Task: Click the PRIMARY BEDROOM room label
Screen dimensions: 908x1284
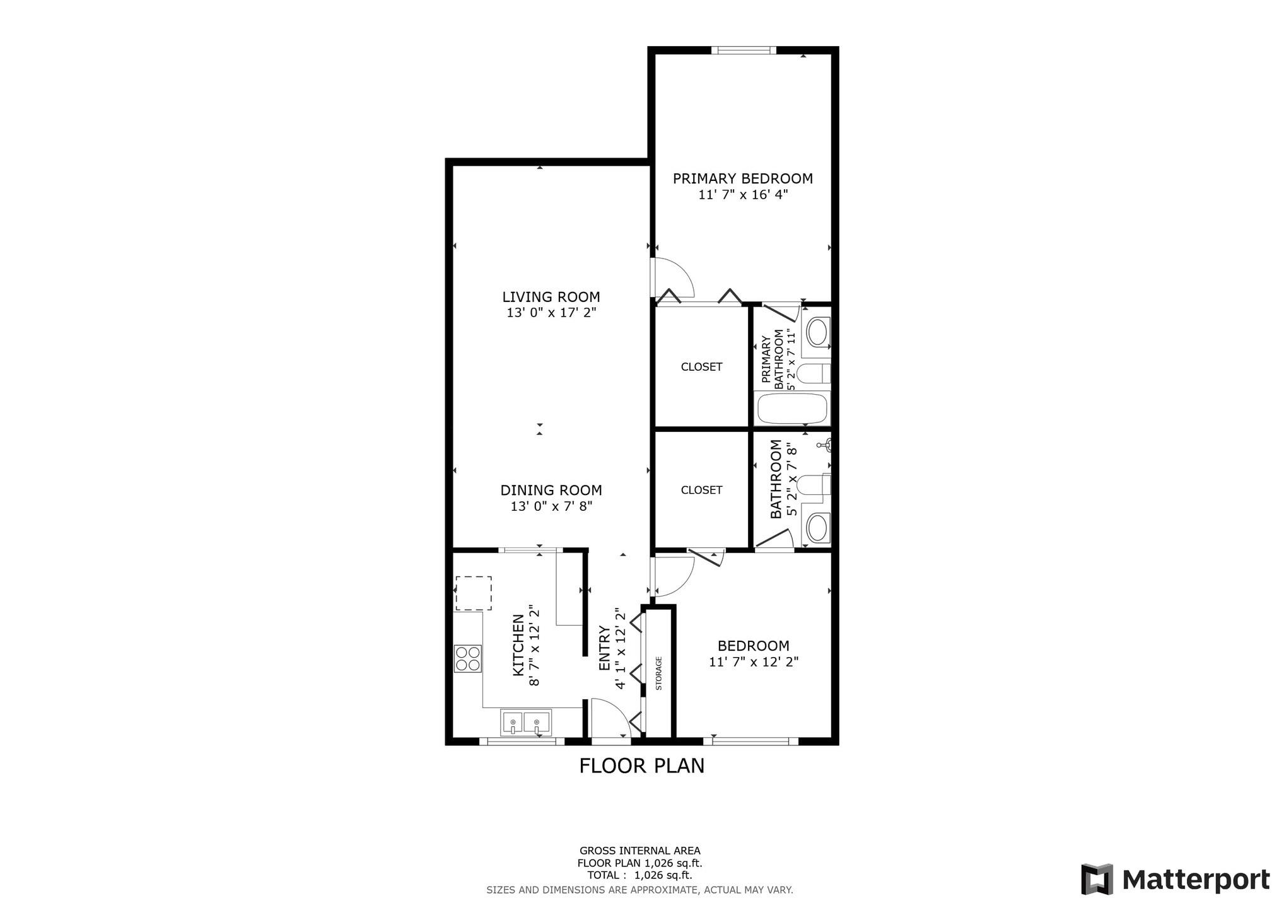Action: (742, 179)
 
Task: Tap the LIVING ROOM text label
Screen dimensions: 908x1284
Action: (551, 297)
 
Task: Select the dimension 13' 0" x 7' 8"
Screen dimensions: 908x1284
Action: (551, 506)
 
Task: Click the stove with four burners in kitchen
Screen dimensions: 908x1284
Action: (468, 658)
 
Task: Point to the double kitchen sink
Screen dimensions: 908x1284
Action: (525, 723)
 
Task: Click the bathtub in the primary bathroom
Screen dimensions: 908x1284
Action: (791, 409)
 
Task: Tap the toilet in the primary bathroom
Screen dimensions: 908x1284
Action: (813, 374)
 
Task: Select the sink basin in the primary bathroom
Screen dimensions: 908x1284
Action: (818, 332)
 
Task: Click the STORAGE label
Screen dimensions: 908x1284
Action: (659, 673)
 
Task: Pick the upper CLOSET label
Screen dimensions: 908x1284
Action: (701, 367)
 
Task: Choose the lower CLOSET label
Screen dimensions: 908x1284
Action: (701, 490)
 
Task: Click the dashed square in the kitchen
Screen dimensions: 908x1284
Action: (474, 593)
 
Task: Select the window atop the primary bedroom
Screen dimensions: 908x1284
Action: (744, 50)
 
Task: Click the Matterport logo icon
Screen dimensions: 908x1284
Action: (1097, 879)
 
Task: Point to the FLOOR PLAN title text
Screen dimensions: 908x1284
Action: (641, 766)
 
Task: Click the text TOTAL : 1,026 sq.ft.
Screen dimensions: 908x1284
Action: (639, 875)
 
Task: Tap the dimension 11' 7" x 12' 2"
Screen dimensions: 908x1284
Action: (754, 662)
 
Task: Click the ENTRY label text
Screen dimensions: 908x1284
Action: (604, 648)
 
